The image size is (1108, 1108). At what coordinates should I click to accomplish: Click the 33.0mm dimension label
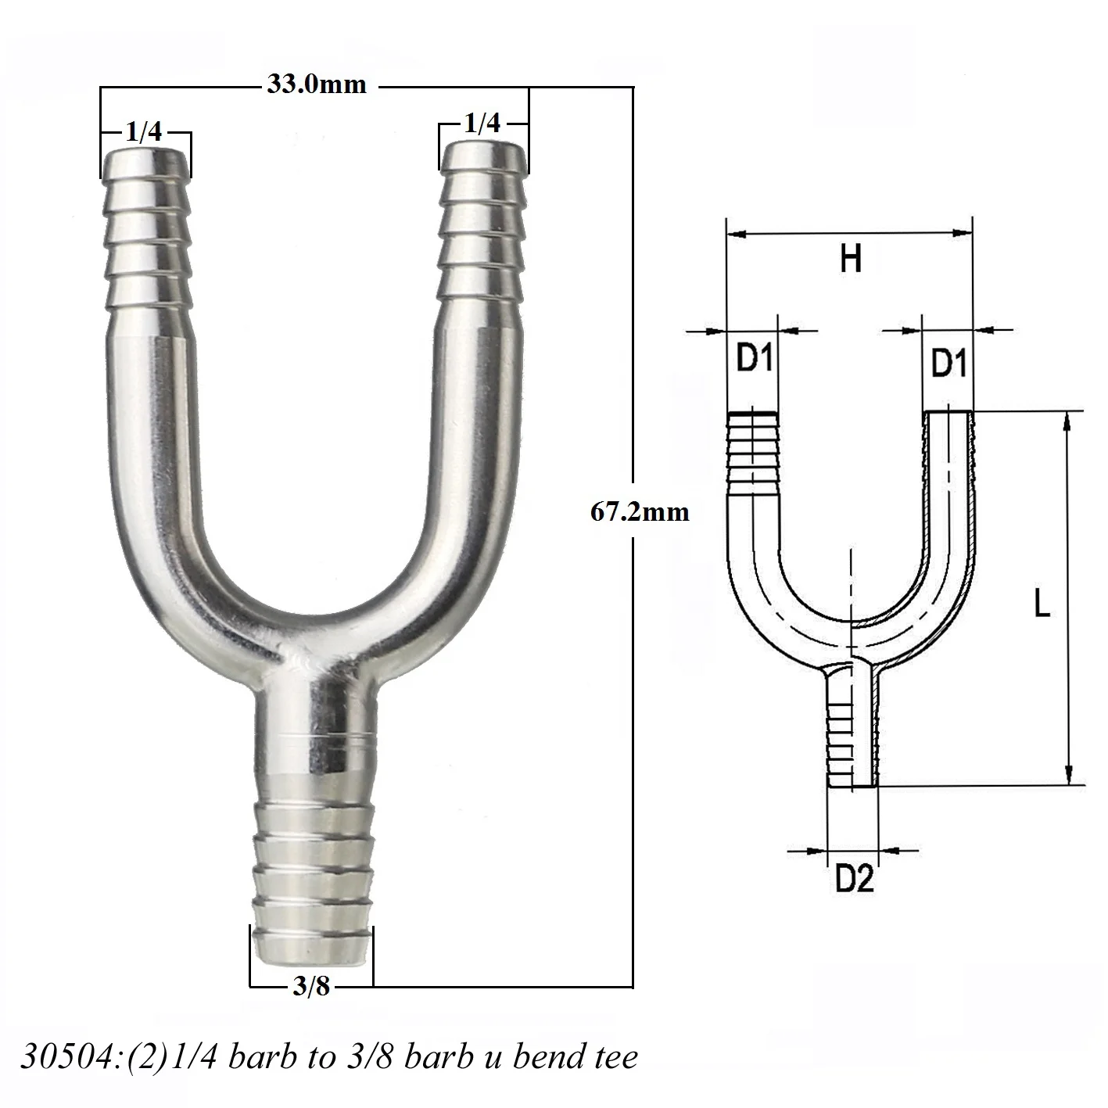(x=317, y=84)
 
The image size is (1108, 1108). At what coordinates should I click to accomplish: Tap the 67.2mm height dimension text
(x=640, y=512)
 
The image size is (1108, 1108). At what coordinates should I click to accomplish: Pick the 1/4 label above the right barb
(x=482, y=123)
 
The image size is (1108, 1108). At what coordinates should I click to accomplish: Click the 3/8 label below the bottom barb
(x=311, y=987)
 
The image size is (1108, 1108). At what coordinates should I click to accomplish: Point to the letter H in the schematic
(x=851, y=258)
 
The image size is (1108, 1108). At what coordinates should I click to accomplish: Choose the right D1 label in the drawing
(x=948, y=363)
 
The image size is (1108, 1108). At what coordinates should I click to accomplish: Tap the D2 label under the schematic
(x=854, y=879)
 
